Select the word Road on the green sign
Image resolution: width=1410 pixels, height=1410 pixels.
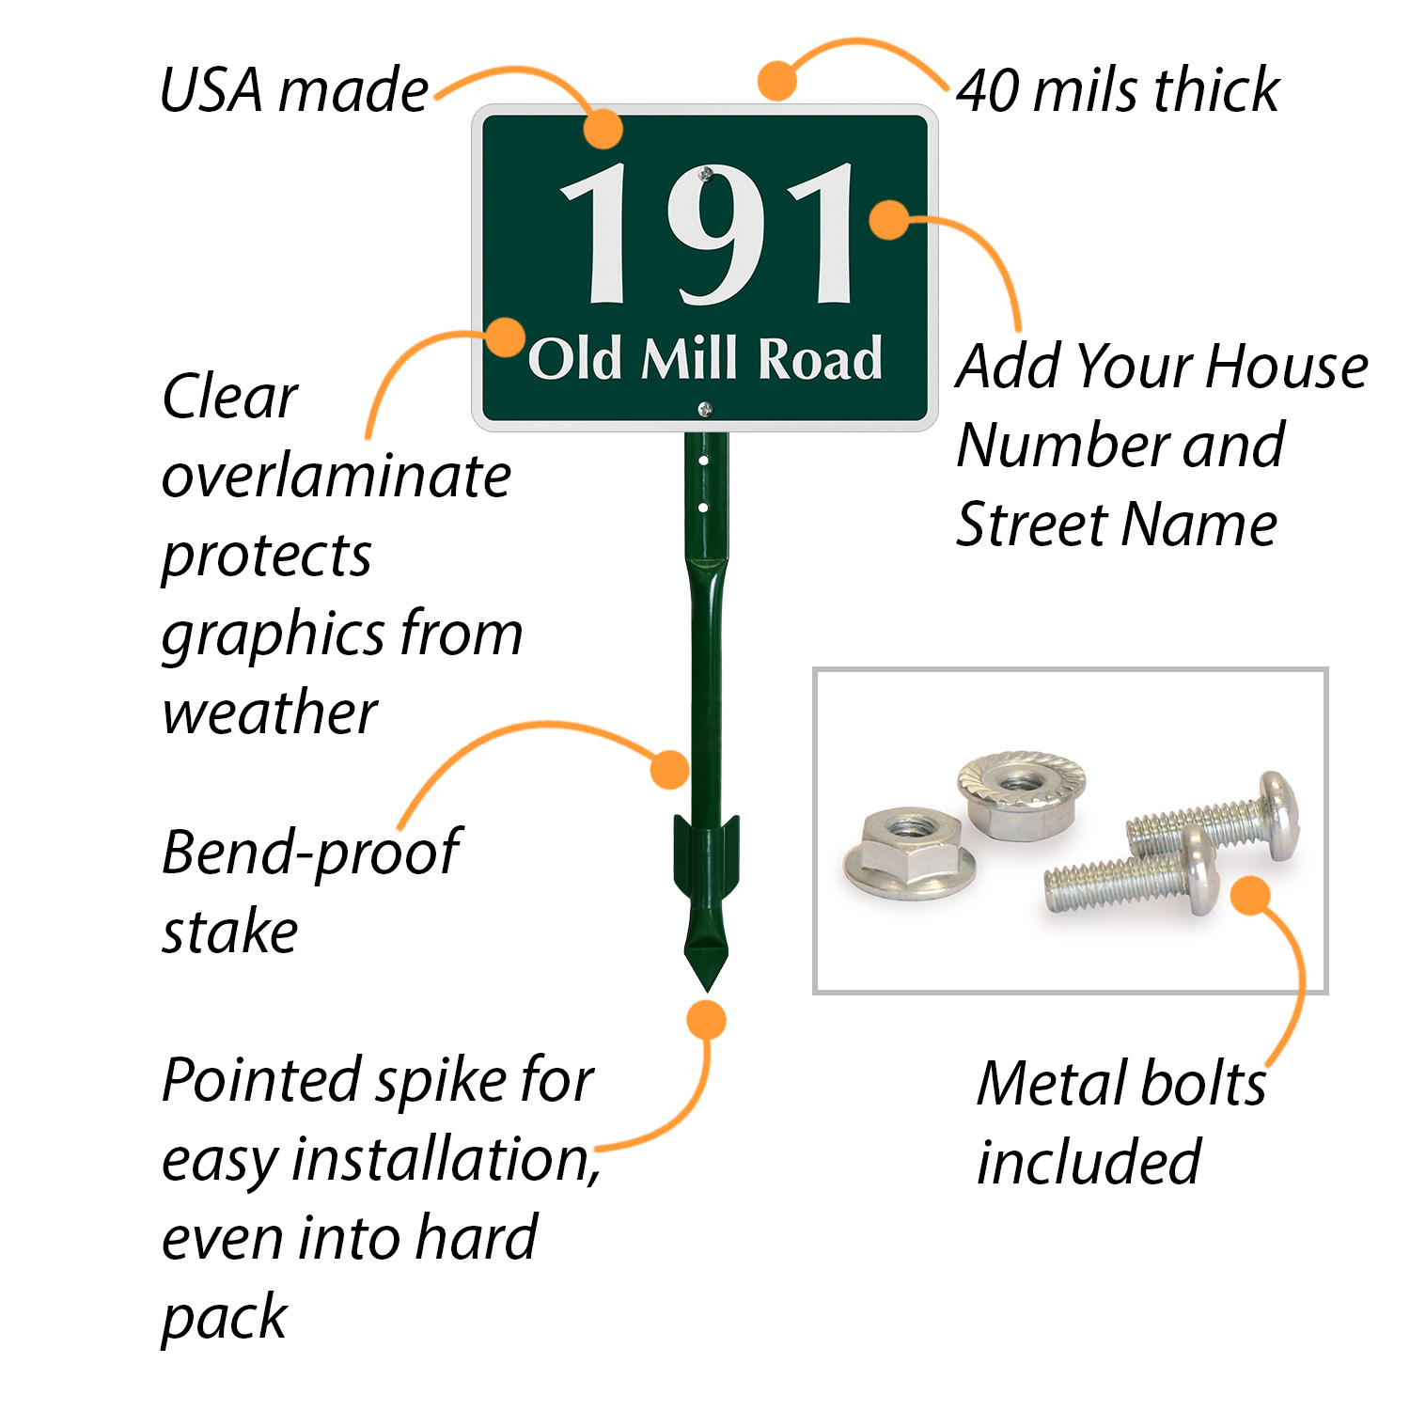(x=821, y=359)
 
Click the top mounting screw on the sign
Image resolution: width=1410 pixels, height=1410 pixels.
(x=706, y=174)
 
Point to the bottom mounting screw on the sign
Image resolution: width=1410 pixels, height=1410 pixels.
(x=705, y=408)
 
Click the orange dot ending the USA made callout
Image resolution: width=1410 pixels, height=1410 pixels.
(x=603, y=129)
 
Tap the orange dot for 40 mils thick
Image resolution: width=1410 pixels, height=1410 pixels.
(x=777, y=81)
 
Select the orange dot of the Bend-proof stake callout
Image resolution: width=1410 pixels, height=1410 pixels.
(x=669, y=769)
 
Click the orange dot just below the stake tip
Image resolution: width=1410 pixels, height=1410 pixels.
(x=706, y=1020)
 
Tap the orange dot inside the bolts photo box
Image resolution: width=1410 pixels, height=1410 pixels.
(x=1250, y=895)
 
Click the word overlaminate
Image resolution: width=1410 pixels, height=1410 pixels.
(x=336, y=477)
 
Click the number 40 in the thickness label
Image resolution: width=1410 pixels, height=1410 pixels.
(x=988, y=91)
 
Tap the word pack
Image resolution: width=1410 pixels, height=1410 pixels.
(x=224, y=1318)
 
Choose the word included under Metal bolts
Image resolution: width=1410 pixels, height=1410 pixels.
(x=1089, y=1162)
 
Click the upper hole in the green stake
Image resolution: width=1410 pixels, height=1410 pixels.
(x=704, y=462)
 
